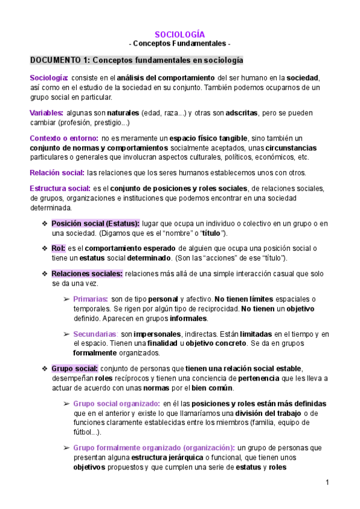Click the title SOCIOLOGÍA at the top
click(x=180, y=34)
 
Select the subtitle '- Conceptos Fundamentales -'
click(x=180, y=44)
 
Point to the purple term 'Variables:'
click(x=46, y=113)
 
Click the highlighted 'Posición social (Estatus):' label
click(x=95, y=224)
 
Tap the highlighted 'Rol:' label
click(x=58, y=248)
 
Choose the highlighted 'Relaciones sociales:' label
click(x=87, y=274)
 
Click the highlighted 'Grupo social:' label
click(x=74, y=368)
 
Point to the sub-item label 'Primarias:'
click(x=91, y=299)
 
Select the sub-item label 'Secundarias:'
click(x=95, y=334)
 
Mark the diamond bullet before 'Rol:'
click(x=44, y=248)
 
